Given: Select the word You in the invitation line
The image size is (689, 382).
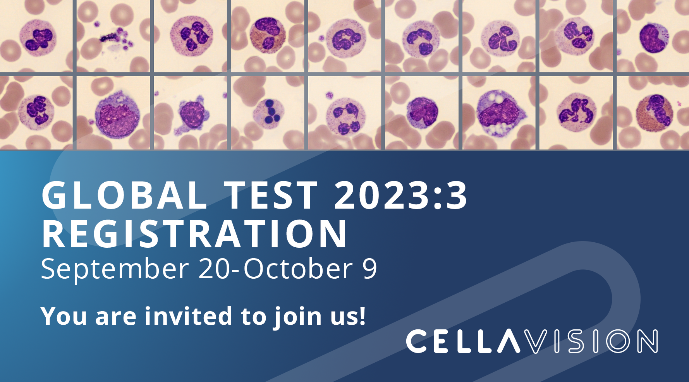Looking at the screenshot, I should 64,316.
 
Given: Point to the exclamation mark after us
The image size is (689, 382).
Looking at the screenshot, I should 362,315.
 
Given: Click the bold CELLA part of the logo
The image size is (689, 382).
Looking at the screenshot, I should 463,341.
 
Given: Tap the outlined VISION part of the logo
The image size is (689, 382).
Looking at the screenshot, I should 593,341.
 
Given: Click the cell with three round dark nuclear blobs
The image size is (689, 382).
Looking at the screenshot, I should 269,112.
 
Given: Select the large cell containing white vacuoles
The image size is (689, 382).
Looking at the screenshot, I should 499,113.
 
